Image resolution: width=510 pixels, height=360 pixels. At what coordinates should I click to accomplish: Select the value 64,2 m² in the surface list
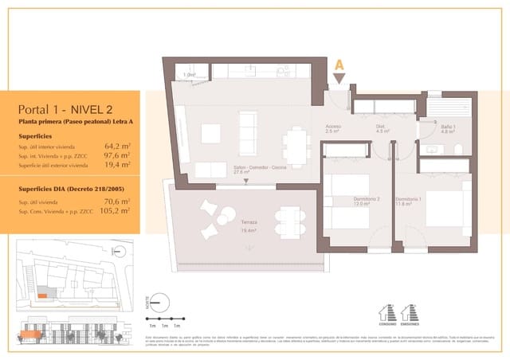point(116,146)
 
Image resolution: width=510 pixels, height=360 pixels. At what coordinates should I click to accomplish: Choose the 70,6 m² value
point(116,202)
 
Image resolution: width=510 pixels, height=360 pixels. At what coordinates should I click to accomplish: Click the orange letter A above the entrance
point(339,64)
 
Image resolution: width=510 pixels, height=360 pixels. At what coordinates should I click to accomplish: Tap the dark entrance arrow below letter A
point(339,78)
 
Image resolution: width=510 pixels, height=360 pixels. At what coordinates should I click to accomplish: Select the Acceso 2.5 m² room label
point(334,128)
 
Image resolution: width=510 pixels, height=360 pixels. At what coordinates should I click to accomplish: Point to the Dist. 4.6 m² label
point(382,128)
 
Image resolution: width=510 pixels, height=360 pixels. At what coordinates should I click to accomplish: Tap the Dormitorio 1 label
point(408,201)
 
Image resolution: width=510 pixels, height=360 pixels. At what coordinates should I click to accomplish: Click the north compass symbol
point(160,301)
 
